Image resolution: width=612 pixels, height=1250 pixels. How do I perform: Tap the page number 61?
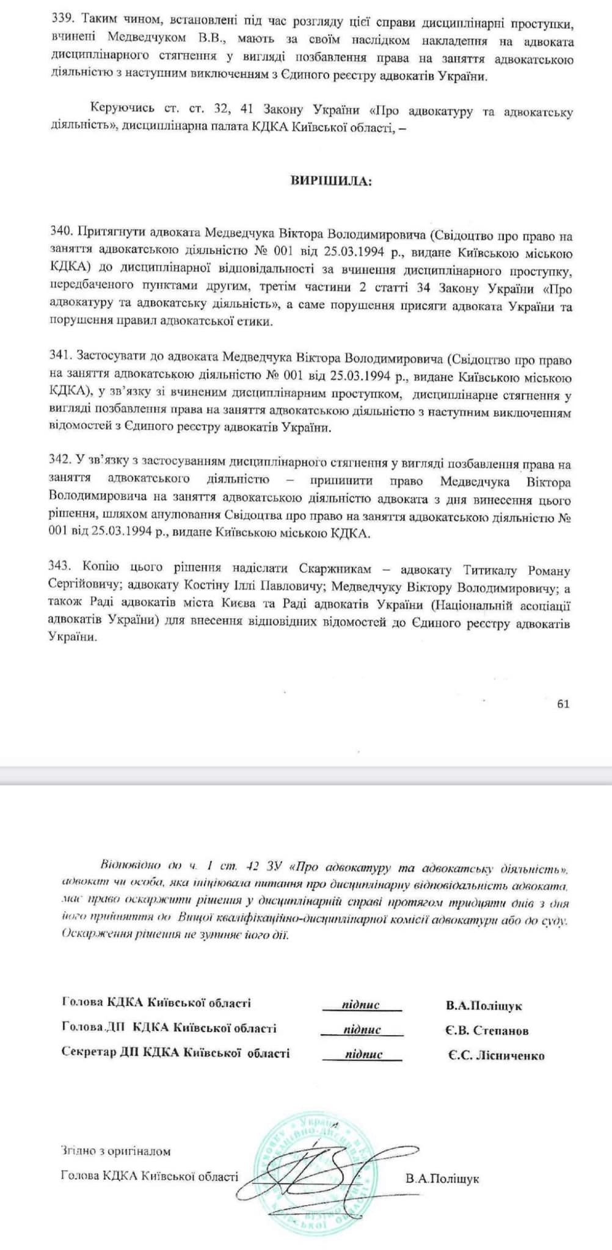coord(563,703)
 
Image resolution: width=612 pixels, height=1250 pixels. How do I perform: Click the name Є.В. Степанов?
coord(487,1031)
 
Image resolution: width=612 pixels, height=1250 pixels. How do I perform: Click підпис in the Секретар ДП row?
coord(363,1053)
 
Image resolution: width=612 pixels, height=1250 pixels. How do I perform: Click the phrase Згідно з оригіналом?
coord(115,1151)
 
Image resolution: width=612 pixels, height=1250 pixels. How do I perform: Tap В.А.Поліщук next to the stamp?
coord(442,1179)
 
